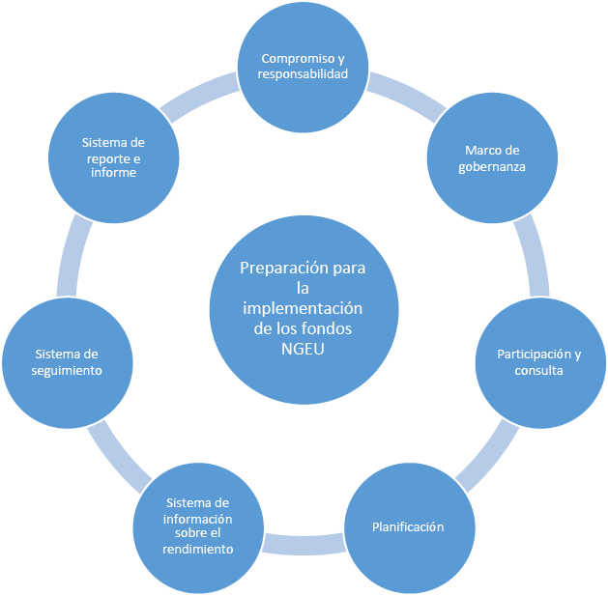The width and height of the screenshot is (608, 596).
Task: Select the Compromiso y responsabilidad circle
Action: (x=304, y=67)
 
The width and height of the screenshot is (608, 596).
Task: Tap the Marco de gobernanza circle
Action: (x=492, y=158)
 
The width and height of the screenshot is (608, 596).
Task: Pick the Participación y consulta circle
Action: (x=538, y=361)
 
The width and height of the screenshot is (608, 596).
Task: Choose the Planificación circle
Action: (x=408, y=527)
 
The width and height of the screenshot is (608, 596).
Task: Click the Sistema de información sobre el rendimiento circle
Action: (x=199, y=526)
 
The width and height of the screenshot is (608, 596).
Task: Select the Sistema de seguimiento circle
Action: (x=68, y=361)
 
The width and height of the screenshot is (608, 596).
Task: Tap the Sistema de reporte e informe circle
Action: (x=114, y=158)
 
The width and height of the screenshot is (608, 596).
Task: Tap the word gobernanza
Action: (x=492, y=167)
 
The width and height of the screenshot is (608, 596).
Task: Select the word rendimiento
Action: (x=198, y=549)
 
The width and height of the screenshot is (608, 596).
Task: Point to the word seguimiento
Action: (x=68, y=370)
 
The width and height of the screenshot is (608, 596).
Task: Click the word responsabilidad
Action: (x=304, y=74)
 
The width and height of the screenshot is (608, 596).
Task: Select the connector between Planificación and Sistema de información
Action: (x=304, y=543)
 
